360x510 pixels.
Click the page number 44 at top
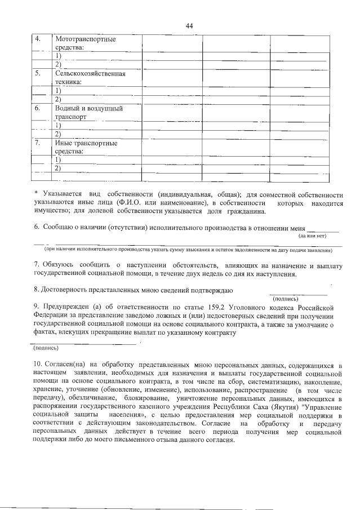(x=189, y=26)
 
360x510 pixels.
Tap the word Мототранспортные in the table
(x=85, y=39)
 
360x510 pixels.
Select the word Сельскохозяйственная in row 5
(x=90, y=73)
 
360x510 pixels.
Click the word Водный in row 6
(x=68, y=108)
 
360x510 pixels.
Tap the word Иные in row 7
(x=64, y=143)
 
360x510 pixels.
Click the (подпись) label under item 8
(x=286, y=299)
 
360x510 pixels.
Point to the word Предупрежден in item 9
(x=67, y=307)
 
